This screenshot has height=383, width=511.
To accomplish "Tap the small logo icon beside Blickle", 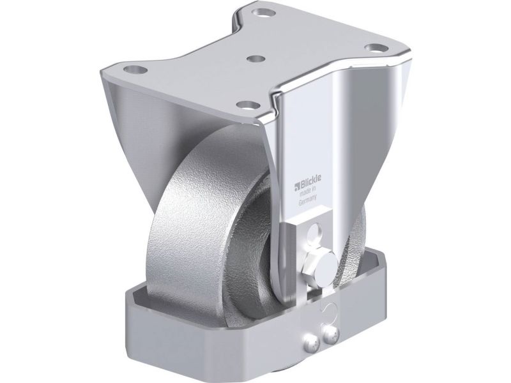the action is [x=296, y=186].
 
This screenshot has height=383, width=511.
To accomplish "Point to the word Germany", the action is [x=307, y=201].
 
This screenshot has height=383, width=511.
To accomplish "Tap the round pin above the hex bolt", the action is [x=315, y=233].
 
